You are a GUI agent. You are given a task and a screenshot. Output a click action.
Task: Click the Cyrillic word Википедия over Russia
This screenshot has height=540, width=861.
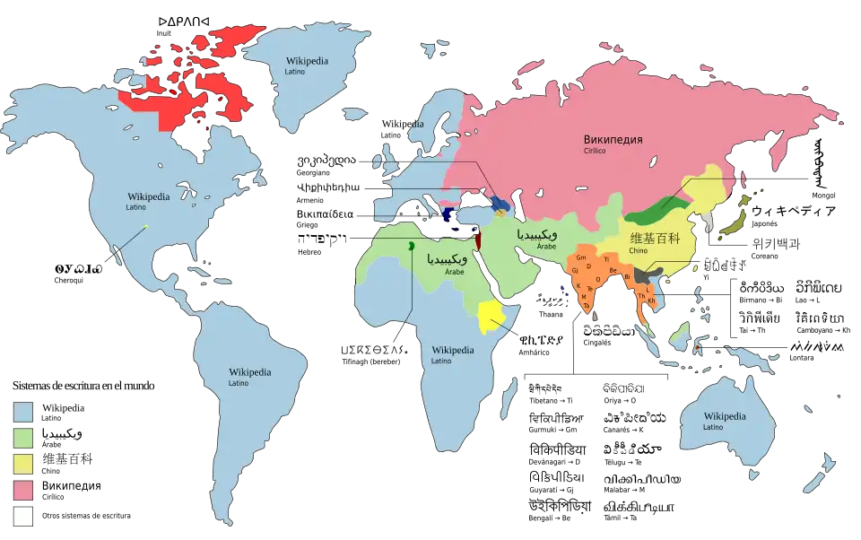coord(613,139)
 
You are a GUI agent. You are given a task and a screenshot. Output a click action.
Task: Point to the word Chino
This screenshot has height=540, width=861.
coord(639,251)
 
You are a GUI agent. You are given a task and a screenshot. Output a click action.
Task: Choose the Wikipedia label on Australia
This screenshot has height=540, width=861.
coord(725,416)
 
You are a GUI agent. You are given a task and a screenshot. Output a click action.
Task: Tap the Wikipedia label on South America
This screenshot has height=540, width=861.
coord(249,371)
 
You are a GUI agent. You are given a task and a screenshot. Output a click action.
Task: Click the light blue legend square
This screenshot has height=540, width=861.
coord(23,411)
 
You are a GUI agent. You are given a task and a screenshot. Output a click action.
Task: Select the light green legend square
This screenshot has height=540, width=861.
coord(23,437)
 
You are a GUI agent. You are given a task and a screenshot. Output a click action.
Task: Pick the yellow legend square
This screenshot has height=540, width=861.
coord(23,463)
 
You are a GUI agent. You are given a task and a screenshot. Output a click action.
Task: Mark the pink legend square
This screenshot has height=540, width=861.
coord(23,490)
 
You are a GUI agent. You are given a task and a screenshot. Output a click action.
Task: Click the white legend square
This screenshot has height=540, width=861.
coord(23,517)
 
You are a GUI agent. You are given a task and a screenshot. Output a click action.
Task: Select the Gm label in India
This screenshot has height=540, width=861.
coord(581,257)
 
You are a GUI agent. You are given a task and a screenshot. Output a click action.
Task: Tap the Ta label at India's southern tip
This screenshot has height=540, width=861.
coord(587,306)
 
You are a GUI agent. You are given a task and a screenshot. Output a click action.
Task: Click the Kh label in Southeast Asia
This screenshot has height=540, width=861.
coord(651,300)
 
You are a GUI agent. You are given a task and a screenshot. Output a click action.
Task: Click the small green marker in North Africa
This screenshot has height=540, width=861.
coord(411,245)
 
